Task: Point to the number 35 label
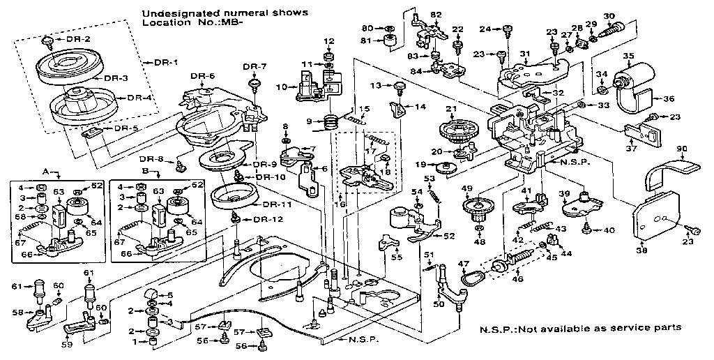coord(628,57)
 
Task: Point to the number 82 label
coord(436,14)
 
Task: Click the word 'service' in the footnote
coord(635,328)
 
